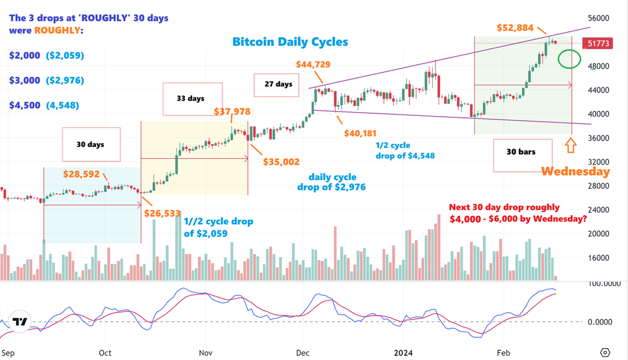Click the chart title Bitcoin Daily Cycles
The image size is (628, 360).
(290, 42)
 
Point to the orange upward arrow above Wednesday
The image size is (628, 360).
(570, 146)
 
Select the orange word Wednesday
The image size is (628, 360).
(575, 172)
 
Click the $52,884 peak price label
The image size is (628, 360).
(515, 28)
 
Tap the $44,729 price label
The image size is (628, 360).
(314, 65)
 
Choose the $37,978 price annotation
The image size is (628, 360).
(232, 112)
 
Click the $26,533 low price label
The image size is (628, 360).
(162, 213)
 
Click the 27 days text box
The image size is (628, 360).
(278, 84)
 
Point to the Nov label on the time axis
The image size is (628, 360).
(206, 353)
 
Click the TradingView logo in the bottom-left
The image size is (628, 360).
(20, 322)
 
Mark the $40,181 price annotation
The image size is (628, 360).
(362, 133)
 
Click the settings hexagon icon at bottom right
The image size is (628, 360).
(606, 352)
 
